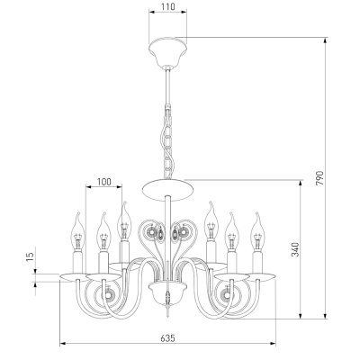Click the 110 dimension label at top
167,6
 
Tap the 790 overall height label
319,178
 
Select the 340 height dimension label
295,249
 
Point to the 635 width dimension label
167,338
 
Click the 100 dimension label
104,182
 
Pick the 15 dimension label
31,256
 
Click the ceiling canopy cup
168,51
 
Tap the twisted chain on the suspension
168,142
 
